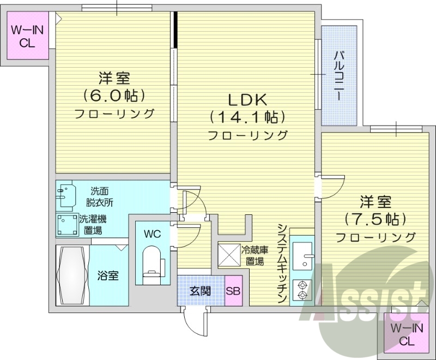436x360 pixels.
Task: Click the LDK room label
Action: point(246,100)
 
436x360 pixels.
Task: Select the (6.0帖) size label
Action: point(114,95)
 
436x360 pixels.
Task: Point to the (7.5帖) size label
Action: point(375,219)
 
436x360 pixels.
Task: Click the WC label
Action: point(152,235)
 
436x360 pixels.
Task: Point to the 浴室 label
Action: point(108,277)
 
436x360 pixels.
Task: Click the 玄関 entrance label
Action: point(200,291)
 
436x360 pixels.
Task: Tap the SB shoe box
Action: point(233,291)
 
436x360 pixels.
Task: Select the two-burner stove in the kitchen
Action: point(301,289)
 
